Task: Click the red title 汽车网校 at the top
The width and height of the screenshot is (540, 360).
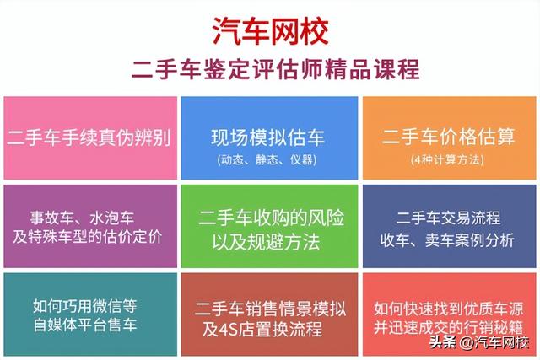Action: (270, 30)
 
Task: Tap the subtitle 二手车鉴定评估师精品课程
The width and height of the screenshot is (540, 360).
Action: (270, 68)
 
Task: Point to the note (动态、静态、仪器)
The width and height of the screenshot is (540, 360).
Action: (268, 159)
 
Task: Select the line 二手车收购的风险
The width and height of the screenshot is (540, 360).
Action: (268, 218)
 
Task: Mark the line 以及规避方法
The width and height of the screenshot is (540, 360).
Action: (268, 243)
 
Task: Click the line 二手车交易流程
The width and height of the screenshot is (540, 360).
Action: (448, 217)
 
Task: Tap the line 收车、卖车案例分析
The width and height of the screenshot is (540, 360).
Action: (448, 239)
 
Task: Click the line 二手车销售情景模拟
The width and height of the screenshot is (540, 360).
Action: (268, 304)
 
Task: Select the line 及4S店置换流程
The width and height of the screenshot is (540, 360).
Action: (268, 326)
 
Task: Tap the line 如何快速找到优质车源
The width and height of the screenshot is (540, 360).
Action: (448, 304)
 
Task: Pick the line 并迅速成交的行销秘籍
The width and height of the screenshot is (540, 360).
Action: (448, 326)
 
